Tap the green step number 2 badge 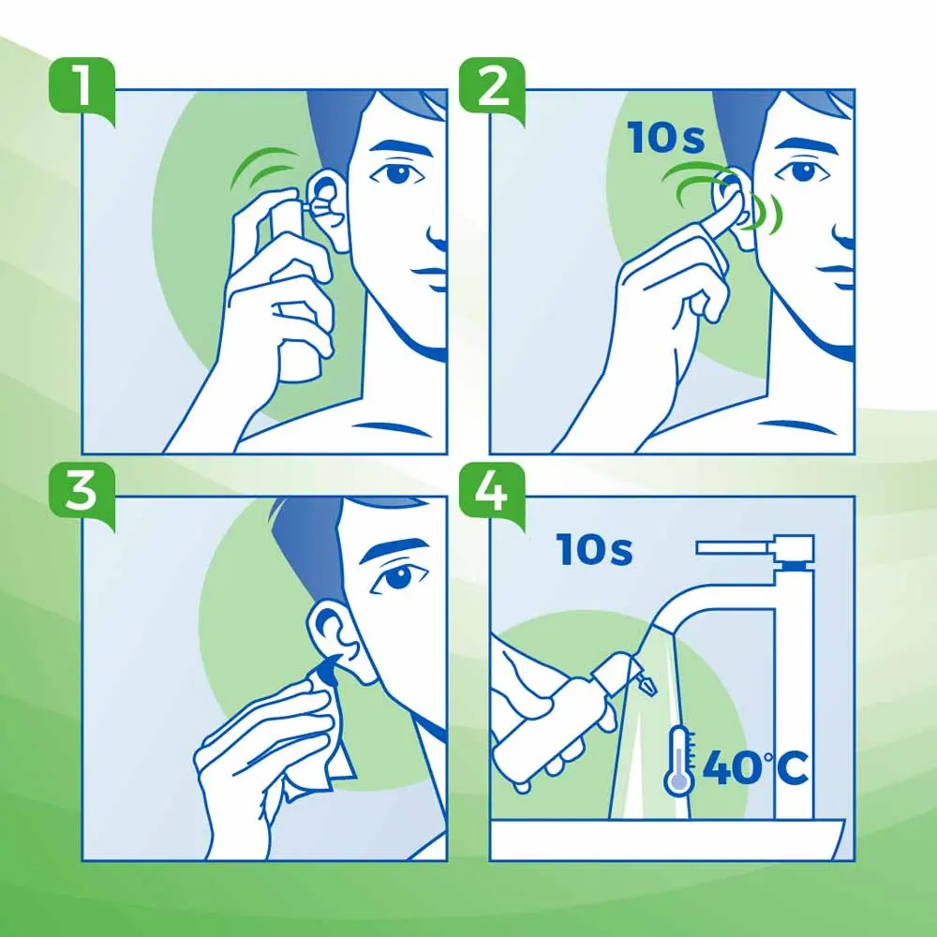click(x=492, y=87)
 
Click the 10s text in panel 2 click(x=666, y=140)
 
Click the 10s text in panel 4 click(x=595, y=551)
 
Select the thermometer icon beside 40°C click(x=678, y=759)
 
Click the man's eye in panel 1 click(x=398, y=173)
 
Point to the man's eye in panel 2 click(x=802, y=172)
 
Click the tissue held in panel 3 click(x=309, y=740)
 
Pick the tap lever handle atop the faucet click(x=750, y=545)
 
